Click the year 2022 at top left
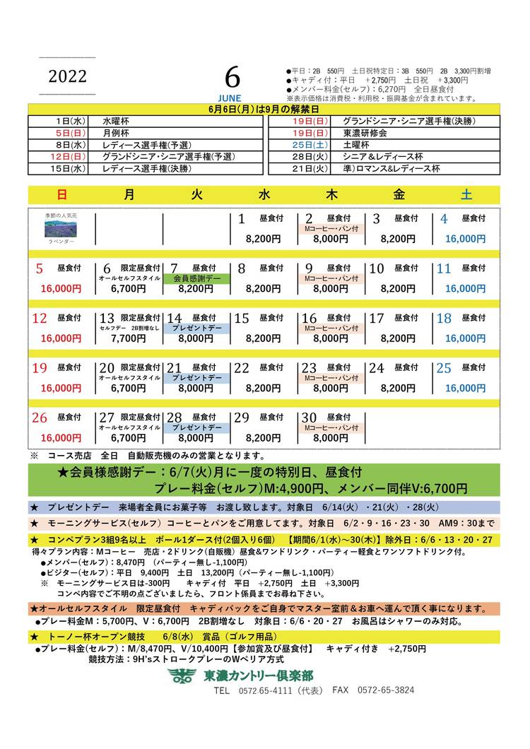68,76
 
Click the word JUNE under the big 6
230,98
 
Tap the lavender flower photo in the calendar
60,229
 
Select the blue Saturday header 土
466,195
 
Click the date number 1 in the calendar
241,219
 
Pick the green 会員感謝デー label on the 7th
197,279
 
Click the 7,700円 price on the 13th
128,338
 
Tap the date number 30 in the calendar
309,418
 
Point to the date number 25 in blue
444,368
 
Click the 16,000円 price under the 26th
61,438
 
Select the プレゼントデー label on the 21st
197,379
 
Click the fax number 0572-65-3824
386,690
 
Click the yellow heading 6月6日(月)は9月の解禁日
264,110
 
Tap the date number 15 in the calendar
242,319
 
